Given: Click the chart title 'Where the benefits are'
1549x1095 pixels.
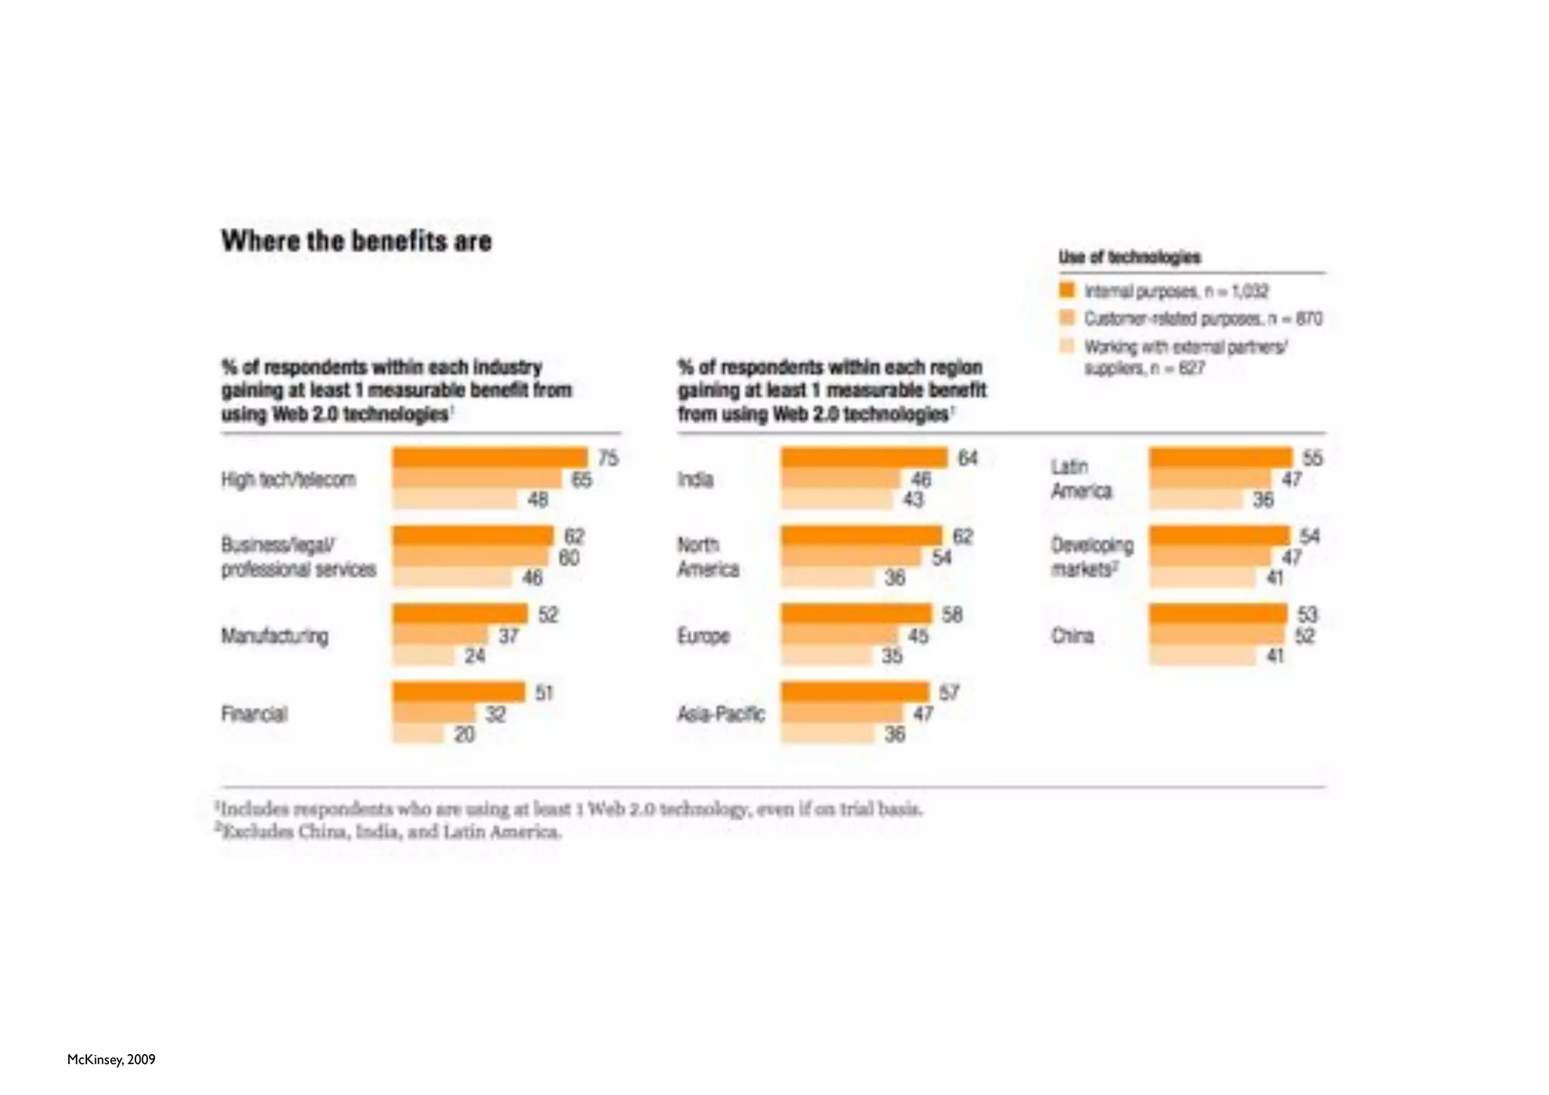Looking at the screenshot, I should click(356, 241).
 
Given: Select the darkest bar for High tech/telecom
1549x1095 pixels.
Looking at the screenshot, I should click(489, 458).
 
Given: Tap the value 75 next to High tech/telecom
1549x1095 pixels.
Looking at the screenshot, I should click(608, 458).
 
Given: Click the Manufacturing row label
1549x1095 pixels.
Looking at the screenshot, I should click(275, 636).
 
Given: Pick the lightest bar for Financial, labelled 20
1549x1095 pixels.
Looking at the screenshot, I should click(418, 734).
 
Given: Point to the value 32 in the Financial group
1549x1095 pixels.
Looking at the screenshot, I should click(495, 714).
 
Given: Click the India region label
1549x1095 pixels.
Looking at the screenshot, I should click(695, 479).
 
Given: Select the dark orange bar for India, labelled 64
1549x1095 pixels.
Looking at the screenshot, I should click(864, 458).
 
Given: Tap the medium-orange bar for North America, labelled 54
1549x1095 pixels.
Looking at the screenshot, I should click(851, 557).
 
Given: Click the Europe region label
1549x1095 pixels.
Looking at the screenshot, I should click(703, 636).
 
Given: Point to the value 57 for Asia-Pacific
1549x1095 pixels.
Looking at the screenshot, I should click(948, 693).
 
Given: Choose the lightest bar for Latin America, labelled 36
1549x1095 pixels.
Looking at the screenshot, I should click(1196, 499).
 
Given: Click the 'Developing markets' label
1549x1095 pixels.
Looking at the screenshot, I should click(1091, 557).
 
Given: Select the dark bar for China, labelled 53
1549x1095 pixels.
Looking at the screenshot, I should click(1218, 613).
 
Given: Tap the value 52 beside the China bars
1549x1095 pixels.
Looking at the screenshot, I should click(1305, 636).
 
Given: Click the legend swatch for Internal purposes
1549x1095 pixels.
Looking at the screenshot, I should click(1066, 290).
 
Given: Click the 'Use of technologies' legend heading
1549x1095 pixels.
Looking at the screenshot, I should click(1129, 257).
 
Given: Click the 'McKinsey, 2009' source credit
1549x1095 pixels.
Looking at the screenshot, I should click(111, 1059).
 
